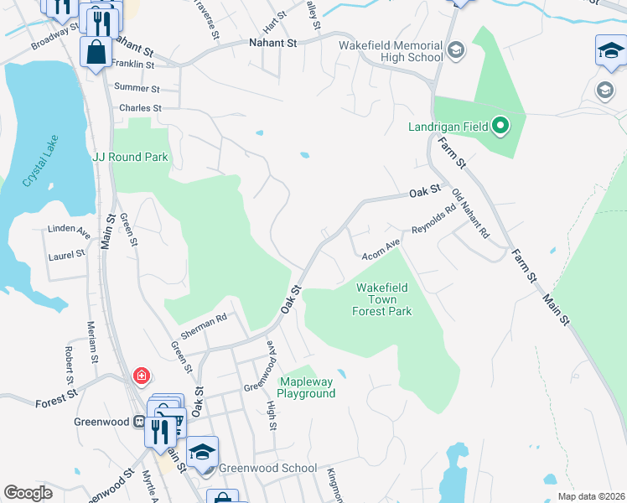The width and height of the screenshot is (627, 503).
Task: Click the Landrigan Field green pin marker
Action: (x=500, y=127)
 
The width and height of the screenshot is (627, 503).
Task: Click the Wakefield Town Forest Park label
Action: (x=383, y=299)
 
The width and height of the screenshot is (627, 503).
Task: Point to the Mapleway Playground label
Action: (x=306, y=387)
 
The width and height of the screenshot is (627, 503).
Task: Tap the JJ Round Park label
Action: (x=130, y=157)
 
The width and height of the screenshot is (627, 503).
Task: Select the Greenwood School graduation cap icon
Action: (x=201, y=452)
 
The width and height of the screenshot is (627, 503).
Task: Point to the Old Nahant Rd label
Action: (x=469, y=215)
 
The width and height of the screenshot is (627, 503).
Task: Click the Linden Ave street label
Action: (x=70, y=229)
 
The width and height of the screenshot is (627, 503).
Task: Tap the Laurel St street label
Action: (x=66, y=254)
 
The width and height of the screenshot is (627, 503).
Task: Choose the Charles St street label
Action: (x=140, y=108)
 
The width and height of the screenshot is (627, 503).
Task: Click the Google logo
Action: (x=28, y=493)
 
